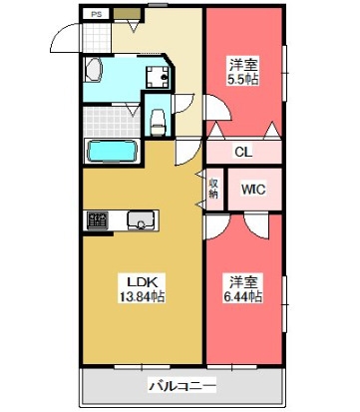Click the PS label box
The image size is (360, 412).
point(97,15)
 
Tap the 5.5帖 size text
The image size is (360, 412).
point(243,80)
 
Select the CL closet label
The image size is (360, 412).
point(243,153)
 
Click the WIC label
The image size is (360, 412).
point(253,190)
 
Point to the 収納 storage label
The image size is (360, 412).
point(213,189)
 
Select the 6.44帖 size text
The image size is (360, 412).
point(243,296)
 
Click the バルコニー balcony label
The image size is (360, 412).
point(182,386)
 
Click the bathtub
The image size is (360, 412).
point(112,152)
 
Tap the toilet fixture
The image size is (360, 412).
point(158,123)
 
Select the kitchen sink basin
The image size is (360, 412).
point(141,220)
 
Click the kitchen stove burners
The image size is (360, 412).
point(98,220)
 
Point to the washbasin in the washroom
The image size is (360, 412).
point(93,70)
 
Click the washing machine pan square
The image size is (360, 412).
point(158,77)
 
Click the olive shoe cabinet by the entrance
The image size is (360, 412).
point(127,14)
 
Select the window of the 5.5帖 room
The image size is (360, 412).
point(284,73)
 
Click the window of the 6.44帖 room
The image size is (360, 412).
point(284,304)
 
